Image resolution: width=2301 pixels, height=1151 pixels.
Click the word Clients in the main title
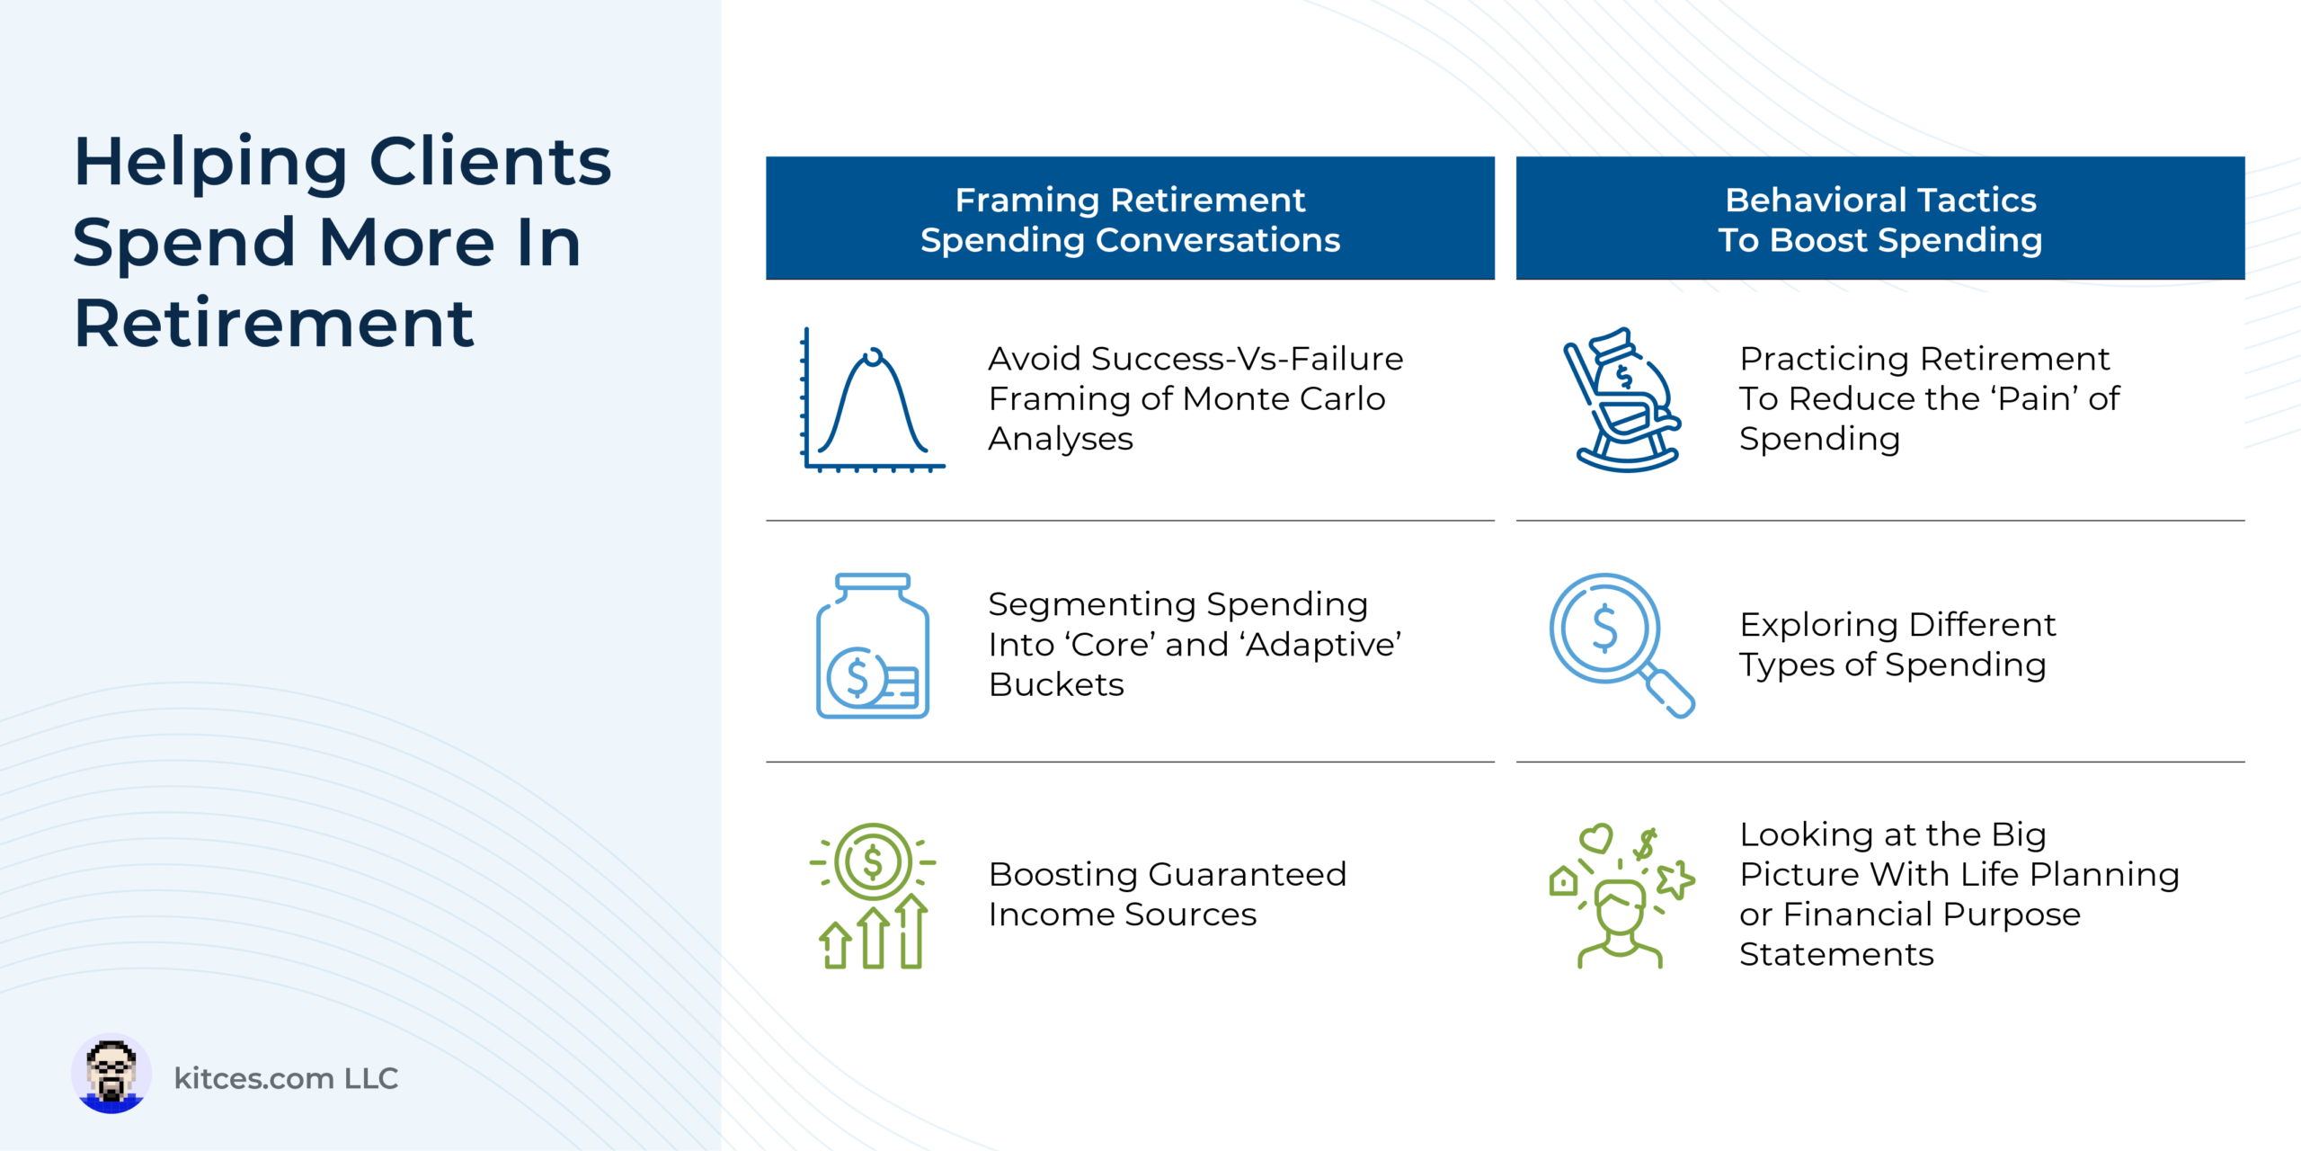[490, 163]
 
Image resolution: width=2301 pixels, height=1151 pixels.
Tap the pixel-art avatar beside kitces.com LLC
[111, 1074]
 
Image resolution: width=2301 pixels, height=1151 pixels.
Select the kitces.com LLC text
[286, 1078]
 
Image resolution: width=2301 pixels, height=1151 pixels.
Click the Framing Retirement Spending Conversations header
[1130, 219]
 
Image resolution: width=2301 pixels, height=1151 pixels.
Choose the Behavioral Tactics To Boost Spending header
[1880, 219]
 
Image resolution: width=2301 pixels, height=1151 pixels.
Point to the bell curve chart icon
[873, 399]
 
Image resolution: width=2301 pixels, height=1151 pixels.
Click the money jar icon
[873, 646]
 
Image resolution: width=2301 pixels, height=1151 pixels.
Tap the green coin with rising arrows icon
[873, 896]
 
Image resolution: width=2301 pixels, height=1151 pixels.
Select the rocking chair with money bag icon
[1622, 399]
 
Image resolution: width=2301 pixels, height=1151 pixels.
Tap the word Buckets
[1056, 684]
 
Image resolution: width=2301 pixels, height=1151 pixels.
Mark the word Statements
[1836, 954]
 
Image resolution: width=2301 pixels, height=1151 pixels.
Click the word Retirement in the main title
[273, 324]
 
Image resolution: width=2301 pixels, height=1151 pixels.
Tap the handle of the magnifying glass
[1670, 693]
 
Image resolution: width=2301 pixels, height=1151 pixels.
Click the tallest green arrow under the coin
[911, 931]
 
